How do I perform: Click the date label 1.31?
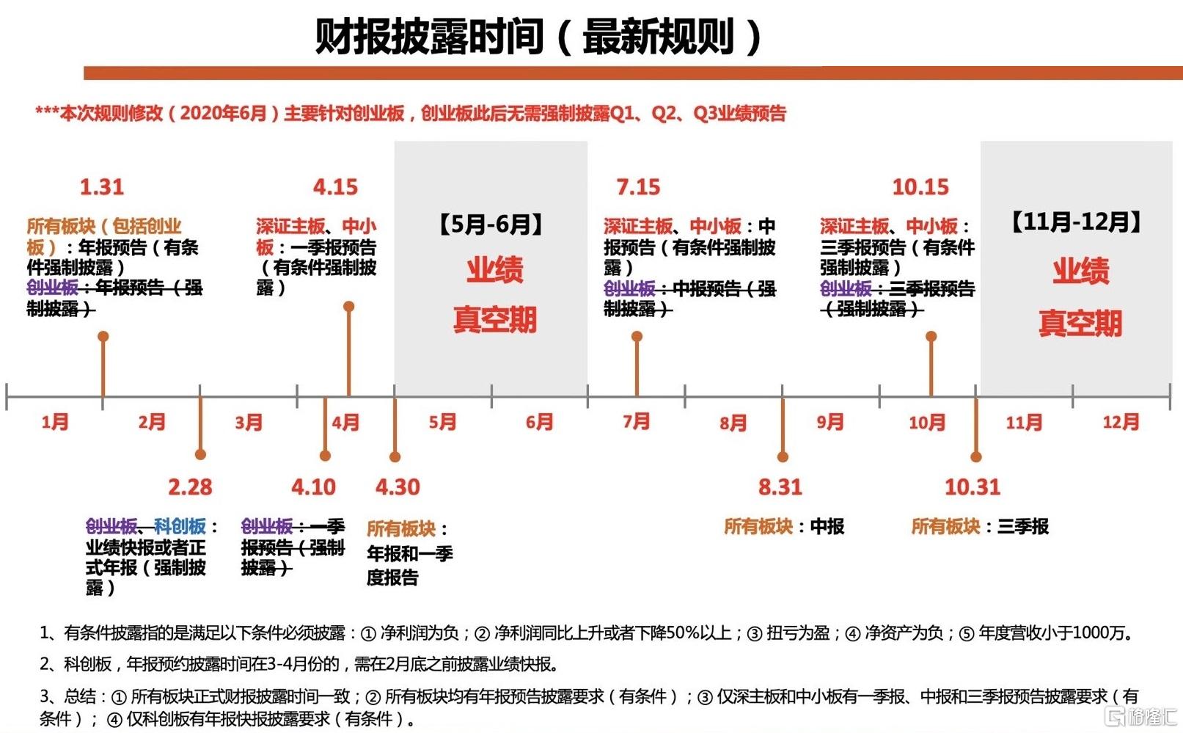102,187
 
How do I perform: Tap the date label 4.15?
335,187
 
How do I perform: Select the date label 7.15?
639,187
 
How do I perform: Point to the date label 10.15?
920,187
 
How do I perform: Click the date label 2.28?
190,486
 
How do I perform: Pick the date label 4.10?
314,486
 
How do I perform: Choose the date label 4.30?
398,486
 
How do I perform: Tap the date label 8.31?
780,486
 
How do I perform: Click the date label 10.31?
973,486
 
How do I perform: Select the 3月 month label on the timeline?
249,422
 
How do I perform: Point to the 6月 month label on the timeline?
539,422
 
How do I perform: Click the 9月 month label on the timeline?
830,422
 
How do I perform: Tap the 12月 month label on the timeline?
1121,422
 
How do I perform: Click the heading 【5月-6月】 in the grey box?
491,225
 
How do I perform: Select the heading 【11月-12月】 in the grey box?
1077,222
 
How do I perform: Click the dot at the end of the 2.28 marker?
200,454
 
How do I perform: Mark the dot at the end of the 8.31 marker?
783,456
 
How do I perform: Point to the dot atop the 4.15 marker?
348,307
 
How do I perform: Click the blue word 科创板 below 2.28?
180,526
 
